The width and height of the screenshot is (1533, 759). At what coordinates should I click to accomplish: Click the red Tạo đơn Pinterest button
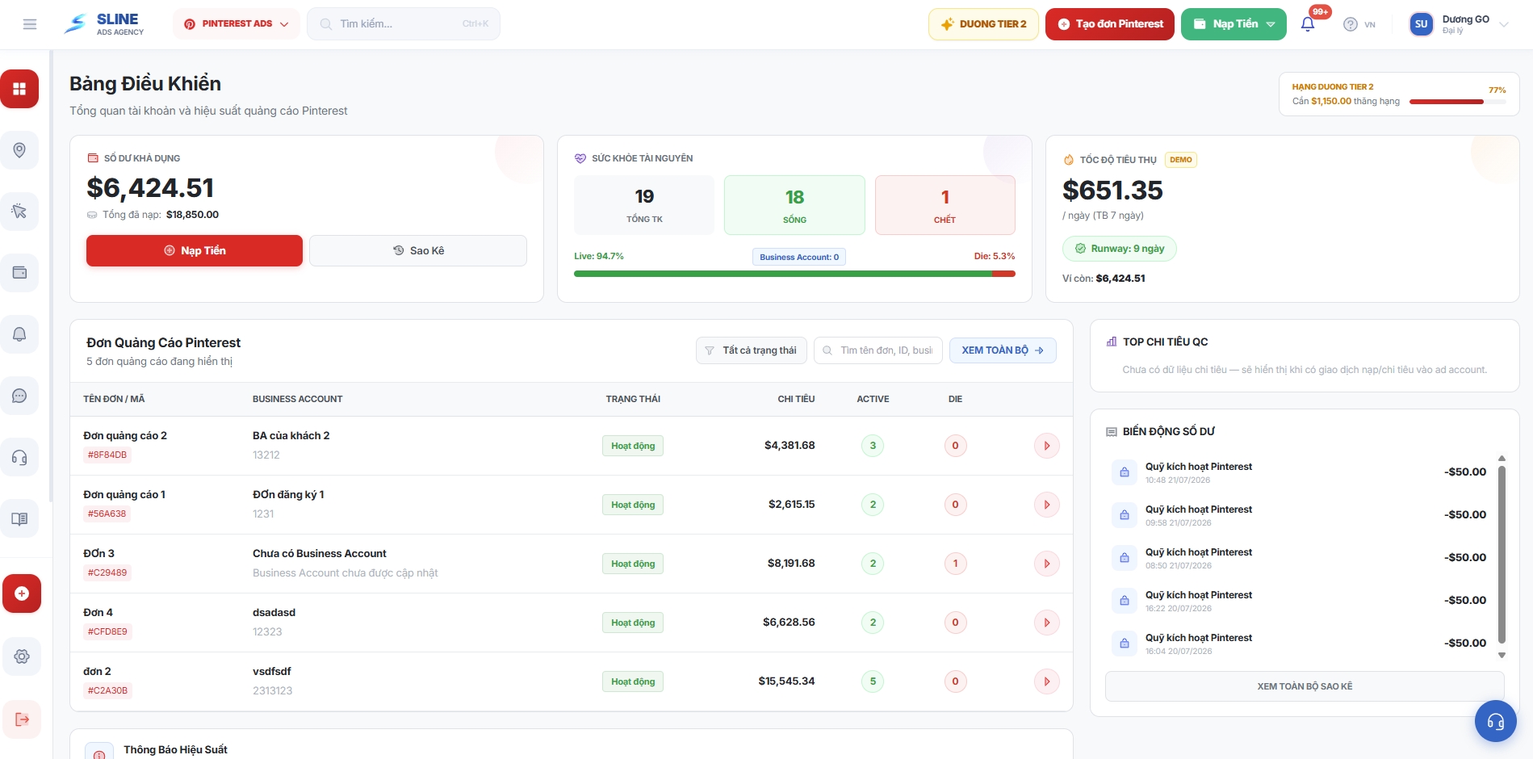1109,24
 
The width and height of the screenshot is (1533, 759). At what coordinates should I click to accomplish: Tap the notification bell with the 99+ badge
1308,24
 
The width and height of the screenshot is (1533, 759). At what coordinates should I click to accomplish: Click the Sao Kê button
418,250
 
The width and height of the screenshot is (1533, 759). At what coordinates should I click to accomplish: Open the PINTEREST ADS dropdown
236,24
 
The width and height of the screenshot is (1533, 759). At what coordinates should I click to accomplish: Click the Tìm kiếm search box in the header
404,24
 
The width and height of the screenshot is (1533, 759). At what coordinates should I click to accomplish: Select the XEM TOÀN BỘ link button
1003,350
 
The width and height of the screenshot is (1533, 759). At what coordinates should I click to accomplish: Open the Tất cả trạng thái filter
751,350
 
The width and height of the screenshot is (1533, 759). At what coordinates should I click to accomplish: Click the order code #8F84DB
107,455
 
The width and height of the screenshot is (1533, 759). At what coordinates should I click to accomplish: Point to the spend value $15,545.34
786,681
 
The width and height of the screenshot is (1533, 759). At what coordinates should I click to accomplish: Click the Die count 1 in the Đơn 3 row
955,564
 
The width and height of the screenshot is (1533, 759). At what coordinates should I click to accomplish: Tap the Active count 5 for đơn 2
873,681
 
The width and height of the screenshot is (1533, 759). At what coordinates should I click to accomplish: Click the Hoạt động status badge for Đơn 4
633,623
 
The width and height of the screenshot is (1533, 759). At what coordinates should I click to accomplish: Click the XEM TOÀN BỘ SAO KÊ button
1305,686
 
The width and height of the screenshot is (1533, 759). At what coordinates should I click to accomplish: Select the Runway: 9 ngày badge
1120,249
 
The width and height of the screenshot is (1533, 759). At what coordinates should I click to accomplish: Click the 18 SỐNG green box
794,205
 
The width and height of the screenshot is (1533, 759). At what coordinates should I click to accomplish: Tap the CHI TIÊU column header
796,399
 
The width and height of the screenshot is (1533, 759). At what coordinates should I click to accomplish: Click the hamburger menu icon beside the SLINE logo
30,24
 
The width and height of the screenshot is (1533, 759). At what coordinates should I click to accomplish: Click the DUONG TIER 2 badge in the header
983,24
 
